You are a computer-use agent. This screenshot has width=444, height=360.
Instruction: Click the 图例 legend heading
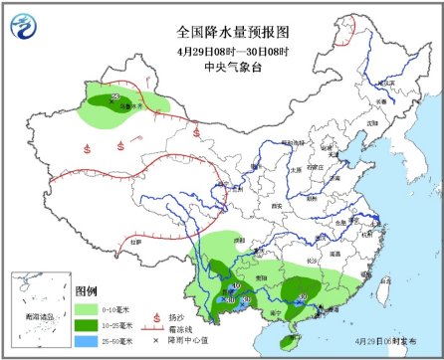click(87, 290)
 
